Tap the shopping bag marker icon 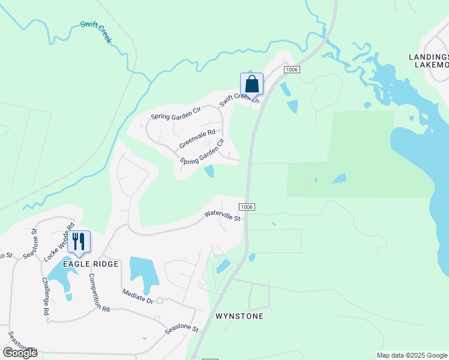(252, 84)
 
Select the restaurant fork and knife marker (79, 241)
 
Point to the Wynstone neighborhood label (239, 316)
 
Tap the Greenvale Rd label (197, 139)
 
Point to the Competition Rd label (99, 293)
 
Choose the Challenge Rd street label (46, 296)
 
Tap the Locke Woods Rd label (59, 242)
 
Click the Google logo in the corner (20, 353)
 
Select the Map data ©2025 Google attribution (412, 355)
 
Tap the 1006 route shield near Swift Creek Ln (291, 70)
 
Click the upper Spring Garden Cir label (175, 113)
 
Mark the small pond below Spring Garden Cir (209, 172)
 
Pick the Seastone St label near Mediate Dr (182, 329)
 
